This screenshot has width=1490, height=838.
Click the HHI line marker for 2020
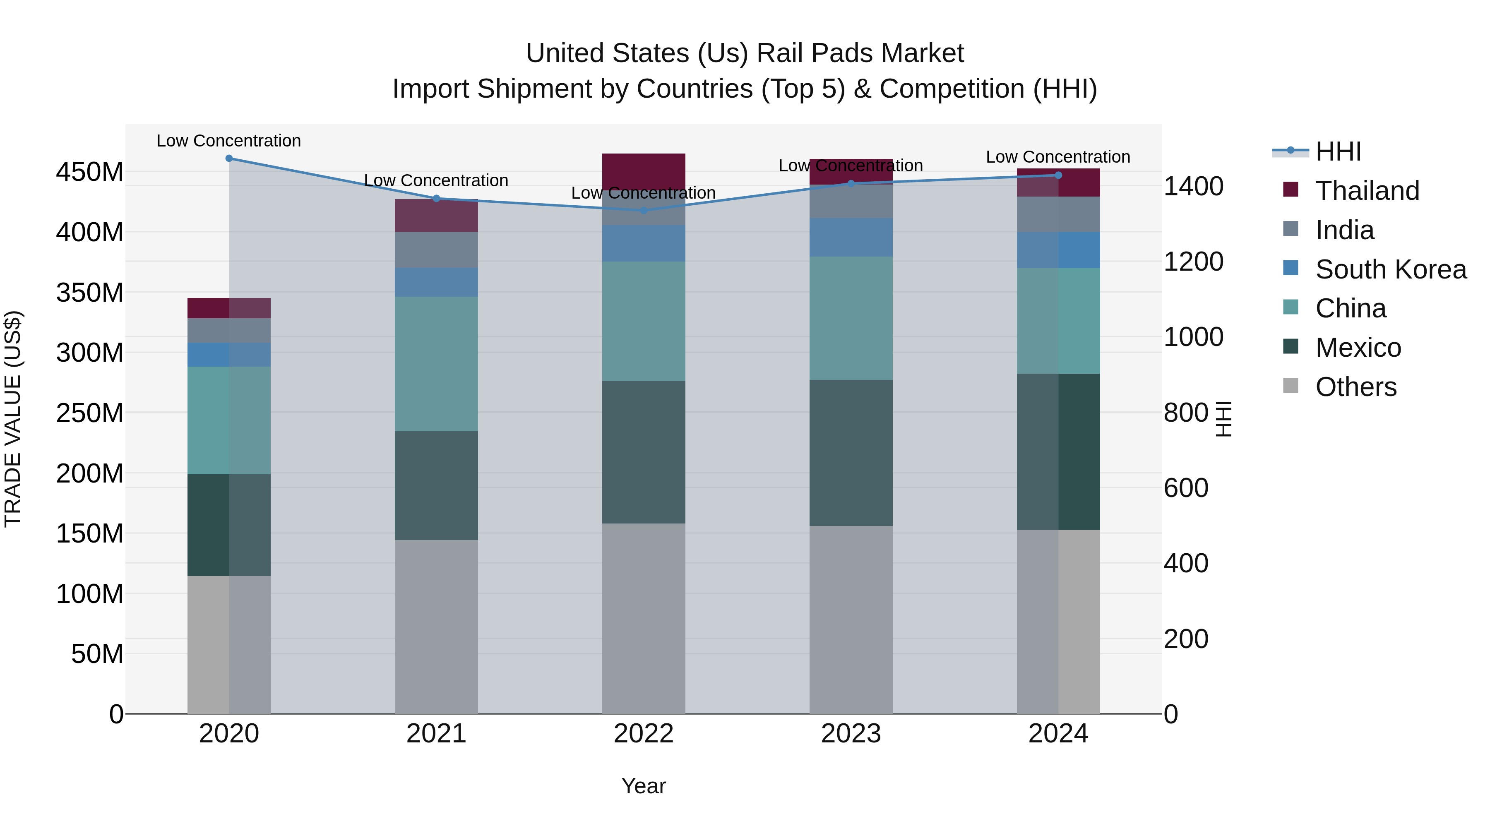(229, 158)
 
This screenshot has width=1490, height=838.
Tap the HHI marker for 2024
(1058, 175)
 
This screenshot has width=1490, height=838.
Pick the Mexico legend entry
(1358, 348)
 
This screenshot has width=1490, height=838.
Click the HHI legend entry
(1337, 151)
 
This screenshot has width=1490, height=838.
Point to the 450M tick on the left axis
(90, 172)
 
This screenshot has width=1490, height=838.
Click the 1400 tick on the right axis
(1193, 187)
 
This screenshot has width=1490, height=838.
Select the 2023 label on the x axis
(851, 734)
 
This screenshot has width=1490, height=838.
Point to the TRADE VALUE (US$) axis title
(13, 419)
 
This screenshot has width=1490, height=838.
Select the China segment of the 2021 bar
(436, 364)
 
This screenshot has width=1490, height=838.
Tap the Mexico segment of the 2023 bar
(851, 453)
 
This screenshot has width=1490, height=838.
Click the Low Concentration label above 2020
(229, 141)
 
